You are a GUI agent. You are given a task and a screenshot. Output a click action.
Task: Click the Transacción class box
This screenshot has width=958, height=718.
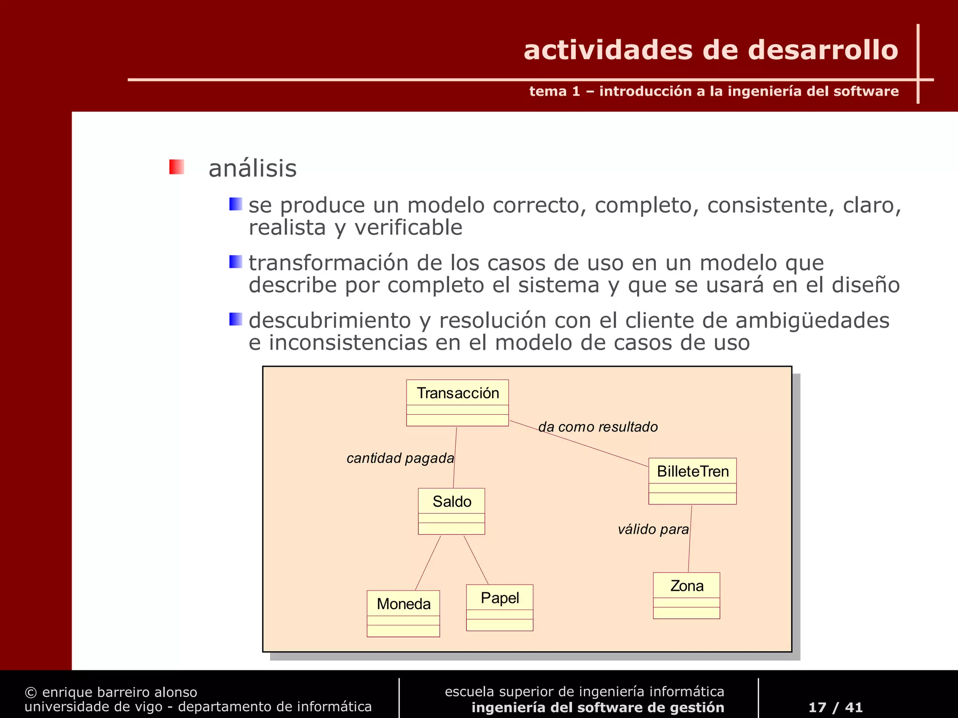coord(457,402)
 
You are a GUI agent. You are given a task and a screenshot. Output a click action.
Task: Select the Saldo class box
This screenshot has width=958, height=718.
coord(451,511)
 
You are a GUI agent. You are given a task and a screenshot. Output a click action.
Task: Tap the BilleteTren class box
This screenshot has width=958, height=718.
coord(692,481)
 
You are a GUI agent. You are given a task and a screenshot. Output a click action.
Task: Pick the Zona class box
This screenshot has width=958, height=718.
coord(686,596)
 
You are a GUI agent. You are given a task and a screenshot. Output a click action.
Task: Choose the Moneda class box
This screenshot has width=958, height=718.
coord(403,613)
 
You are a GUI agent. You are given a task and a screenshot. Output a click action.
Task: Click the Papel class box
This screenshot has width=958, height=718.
coord(500,607)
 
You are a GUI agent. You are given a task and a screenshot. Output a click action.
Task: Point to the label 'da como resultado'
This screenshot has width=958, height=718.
coord(598,427)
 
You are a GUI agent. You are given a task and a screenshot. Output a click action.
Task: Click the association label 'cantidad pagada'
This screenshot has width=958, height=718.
coord(400,458)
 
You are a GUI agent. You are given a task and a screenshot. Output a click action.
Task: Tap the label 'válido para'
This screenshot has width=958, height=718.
coord(653,529)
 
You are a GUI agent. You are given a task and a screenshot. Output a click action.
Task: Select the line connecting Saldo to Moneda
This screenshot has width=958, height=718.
coord(428,563)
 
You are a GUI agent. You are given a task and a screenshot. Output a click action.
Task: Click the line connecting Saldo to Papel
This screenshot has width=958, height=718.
coord(476,560)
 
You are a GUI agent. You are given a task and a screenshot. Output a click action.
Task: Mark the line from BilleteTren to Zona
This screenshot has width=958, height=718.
coord(690,539)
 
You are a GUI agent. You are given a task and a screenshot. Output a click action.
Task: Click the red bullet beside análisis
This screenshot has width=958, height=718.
coord(176,167)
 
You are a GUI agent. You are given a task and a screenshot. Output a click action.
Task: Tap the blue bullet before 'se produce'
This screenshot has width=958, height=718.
coord(235,204)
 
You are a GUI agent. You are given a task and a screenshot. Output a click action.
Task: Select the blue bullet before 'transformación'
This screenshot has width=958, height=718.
coord(235,262)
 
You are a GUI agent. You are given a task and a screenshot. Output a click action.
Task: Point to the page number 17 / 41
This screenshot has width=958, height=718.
coord(835,707)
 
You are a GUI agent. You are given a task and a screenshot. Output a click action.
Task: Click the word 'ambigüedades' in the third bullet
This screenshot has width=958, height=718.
coord(812,321)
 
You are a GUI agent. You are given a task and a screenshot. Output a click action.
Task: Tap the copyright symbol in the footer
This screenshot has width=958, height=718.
coord(30,692)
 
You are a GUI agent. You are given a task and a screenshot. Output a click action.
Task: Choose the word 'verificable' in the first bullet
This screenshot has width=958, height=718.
coord(408,228)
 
